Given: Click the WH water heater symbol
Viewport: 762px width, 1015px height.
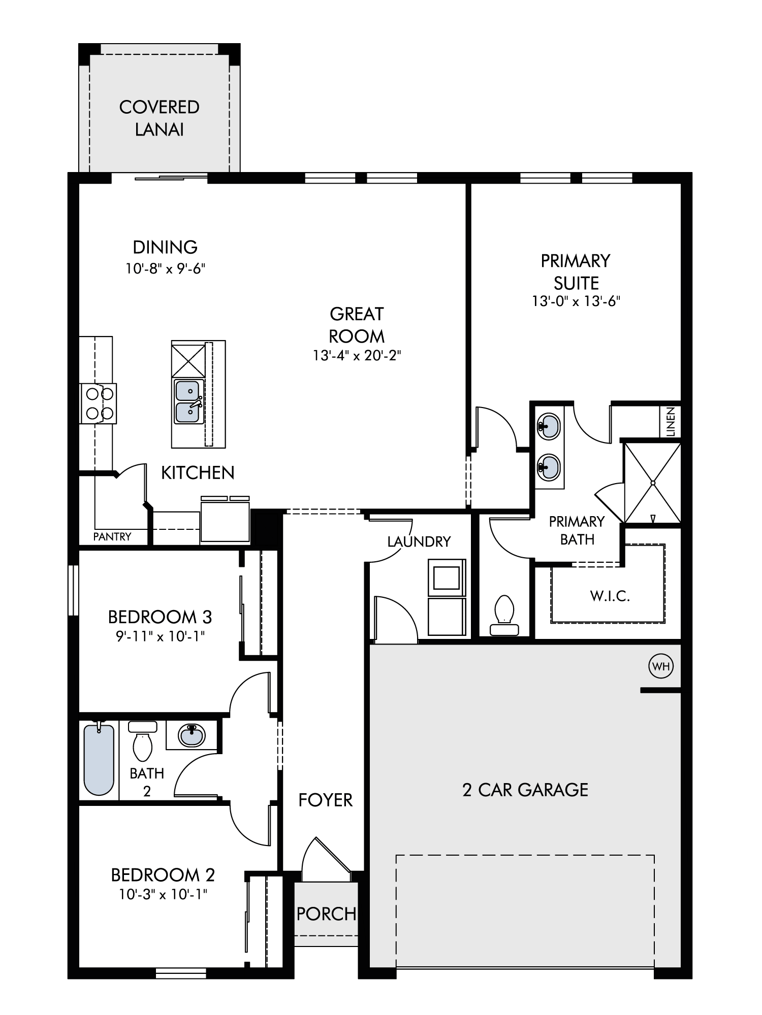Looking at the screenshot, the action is (661, 666).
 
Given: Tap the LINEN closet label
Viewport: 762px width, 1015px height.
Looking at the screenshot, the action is (671, 422).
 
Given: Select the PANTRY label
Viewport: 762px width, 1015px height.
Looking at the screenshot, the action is (112, 536).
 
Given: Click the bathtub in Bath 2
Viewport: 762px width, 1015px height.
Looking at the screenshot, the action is (99, 759).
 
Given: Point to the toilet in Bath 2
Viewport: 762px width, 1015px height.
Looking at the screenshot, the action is (143, 740).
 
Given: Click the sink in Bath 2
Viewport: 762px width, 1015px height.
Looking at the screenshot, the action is (192, 734).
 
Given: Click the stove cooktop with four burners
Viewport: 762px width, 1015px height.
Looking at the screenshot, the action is (99, 403).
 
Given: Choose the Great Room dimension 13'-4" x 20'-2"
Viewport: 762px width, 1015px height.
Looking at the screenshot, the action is (357, 356).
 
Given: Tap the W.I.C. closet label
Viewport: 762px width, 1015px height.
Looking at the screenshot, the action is (610, 596).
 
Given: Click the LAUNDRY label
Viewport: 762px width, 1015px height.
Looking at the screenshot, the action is (419, 542).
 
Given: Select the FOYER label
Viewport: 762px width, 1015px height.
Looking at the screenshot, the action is (326, 800).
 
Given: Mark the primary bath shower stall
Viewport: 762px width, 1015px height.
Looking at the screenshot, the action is (652, 483).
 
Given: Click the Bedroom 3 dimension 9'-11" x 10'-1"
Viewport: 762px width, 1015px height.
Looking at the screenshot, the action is (160, 636).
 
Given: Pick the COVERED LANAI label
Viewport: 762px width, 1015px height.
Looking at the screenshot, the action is (160, 118).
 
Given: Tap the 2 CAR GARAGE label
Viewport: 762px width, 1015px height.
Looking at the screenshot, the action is (525, 790).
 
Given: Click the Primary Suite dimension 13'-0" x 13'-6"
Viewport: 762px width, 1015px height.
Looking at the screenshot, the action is (576, 301).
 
